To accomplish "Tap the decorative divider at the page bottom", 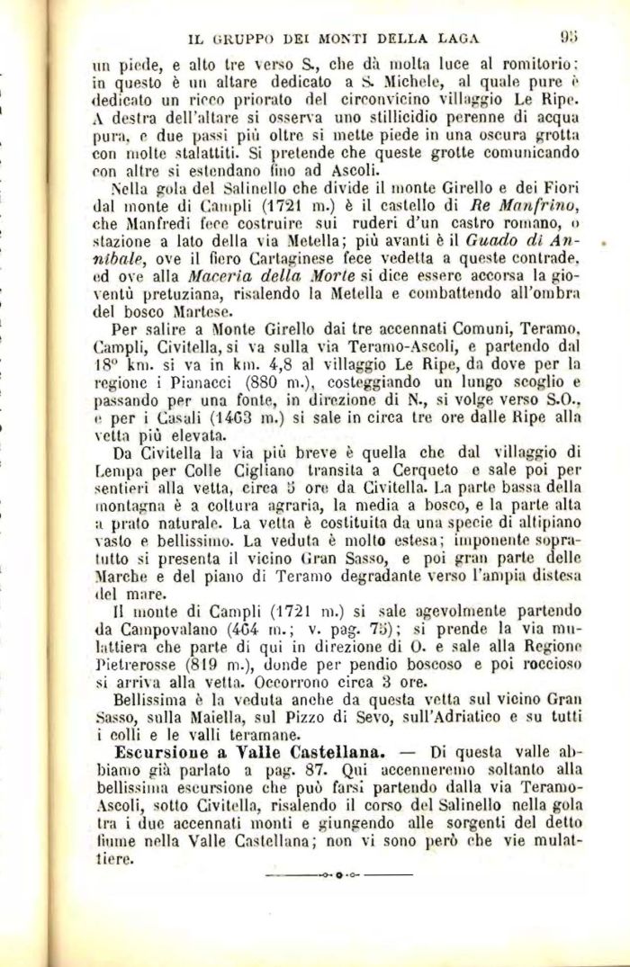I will [334, 873].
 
